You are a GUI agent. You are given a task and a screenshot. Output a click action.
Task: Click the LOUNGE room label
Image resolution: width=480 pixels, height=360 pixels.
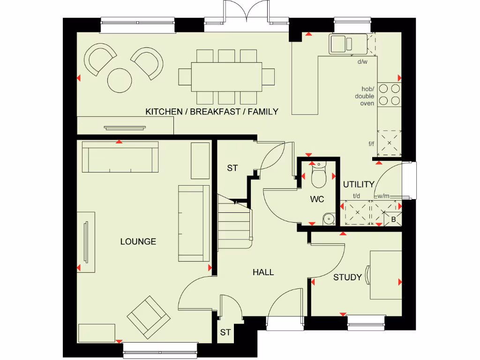138,242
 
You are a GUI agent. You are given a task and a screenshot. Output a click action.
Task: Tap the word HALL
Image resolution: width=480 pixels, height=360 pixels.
263,272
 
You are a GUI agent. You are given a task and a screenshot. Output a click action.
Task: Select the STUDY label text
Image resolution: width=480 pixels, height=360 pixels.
347,277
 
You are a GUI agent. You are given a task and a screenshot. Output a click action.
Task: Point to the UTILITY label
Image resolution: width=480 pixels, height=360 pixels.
359,184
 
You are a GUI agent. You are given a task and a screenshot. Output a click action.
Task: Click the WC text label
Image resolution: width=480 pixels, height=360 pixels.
317,200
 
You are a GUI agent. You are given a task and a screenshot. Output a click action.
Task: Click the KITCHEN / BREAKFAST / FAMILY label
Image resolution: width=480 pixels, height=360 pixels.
212,112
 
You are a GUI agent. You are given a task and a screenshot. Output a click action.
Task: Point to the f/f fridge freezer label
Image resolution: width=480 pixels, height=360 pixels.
371,143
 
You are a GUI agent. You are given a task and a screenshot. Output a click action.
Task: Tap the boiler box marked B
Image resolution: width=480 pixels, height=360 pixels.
393,219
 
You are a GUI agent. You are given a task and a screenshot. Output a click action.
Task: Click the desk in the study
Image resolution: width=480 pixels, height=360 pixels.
386,275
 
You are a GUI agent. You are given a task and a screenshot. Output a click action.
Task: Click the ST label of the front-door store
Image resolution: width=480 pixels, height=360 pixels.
225,332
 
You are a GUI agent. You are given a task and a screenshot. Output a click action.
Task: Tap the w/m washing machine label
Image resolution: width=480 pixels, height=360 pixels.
383,196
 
